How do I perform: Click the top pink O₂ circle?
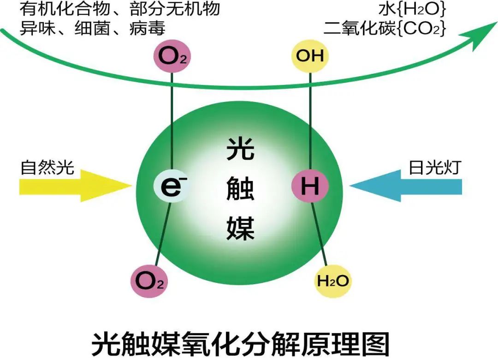tap(172, 56)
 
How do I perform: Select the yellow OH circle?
tap(310, 56)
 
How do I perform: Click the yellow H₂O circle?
tap(332, 280)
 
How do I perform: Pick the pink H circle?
tap(310, 186)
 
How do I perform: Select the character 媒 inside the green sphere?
tap(240, 228)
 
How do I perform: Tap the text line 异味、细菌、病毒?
tap(92, 29)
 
